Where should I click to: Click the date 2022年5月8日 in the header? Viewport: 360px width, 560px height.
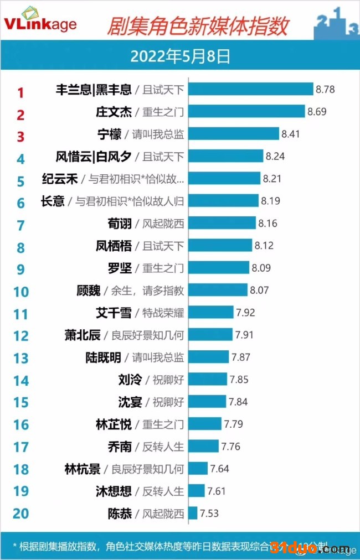tap(180, 56)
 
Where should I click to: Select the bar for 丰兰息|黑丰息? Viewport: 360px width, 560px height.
tap(251, 89)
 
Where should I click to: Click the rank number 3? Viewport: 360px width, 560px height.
tap(20, 137)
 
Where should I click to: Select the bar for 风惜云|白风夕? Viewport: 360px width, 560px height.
tap(225, 156)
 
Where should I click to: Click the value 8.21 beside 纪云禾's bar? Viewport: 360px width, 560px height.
tap(272, 179)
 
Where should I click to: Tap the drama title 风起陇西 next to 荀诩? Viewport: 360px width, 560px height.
tap(163, 224)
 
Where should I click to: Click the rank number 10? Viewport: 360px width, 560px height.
tap(20, 292)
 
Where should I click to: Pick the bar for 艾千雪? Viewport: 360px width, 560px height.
tap(211, 313)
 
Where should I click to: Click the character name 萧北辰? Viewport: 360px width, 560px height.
tap(82, 335)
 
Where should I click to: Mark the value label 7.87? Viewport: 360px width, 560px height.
tap(241, 357)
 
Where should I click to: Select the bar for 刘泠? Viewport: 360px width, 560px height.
tap(208, 380)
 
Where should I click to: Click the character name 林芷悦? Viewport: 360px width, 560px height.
tap(114, 424)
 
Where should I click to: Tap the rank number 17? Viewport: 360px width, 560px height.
tap(20, 447)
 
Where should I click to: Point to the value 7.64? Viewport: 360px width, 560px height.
tap(219, 469)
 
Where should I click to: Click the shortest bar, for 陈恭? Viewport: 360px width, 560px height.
tap(193, 514)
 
